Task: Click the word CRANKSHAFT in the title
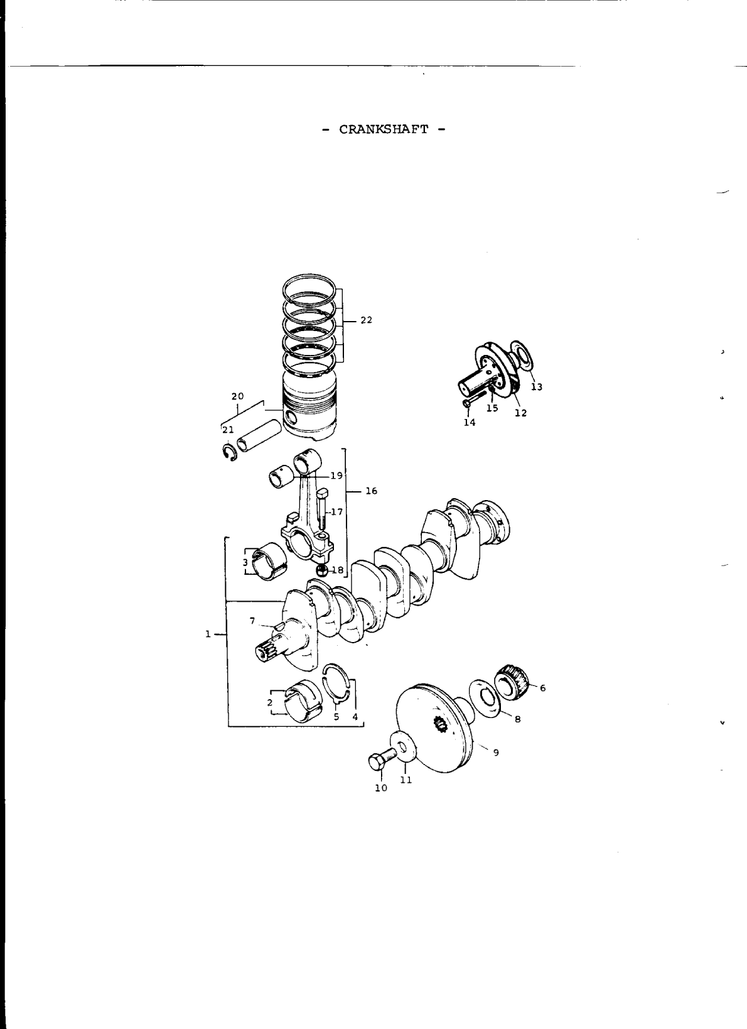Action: (x=384, y=129)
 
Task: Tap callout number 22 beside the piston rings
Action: (x=366, y=320)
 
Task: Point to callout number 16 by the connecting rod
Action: (x=371, y=491)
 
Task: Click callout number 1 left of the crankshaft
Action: (x=207, y=634)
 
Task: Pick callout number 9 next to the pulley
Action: (x=496, y=752)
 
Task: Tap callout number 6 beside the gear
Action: (x=542, y=688)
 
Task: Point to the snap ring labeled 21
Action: (x=229, y=453)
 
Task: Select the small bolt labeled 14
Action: (x=467, y=402)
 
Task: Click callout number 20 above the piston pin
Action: (x=237, y=396)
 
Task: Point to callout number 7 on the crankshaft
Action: (x=252, y=621)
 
